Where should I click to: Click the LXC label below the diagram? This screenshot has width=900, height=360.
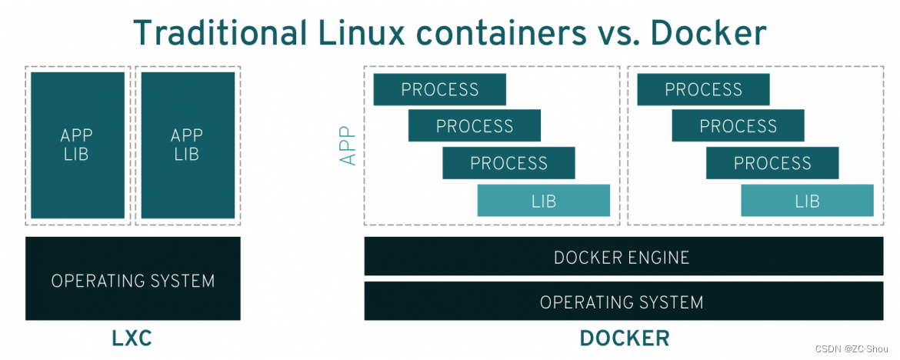[x=132, y=338]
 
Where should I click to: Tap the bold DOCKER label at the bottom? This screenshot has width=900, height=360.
[x=624, y=338]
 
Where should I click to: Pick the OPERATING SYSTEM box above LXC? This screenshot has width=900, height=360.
[x=132, y=280]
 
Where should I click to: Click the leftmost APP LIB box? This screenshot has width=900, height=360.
[x=77, y=145]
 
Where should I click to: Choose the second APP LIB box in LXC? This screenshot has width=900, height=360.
[x=187, y=145]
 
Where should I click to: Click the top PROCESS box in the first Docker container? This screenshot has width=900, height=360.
[x=439, y=89]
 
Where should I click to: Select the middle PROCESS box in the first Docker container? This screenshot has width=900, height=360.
[x=474, y=125]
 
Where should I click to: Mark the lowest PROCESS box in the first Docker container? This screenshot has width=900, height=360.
[x=508, y=163]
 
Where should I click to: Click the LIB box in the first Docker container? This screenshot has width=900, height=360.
[x=543, y=201]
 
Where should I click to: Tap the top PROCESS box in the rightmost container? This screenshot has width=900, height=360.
[x=703, y=89]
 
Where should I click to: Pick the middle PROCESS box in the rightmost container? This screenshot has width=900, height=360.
[x=738, y=125]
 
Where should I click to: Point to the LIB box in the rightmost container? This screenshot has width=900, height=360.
[x=807, y=201]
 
